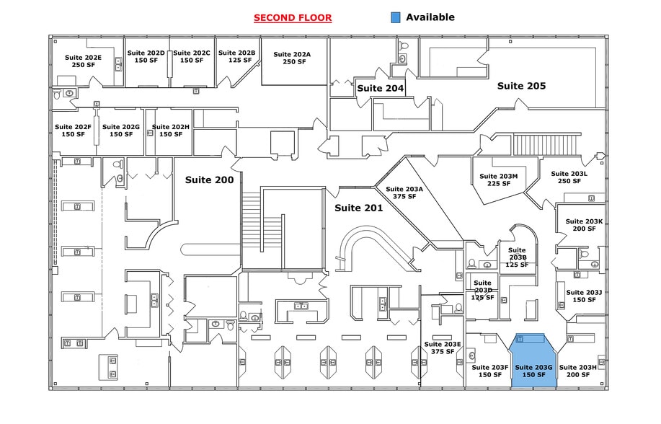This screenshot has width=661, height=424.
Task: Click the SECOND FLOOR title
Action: (x=293, y=17)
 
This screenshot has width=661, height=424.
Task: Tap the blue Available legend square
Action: (x=394, y=17)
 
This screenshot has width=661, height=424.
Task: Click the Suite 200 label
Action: (x=209, y=180)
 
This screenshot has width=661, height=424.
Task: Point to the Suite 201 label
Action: (x=358, y=208)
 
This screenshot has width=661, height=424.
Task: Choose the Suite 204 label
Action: (x=380, y=88)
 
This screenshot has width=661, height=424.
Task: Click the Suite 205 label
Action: (x=521, y=86)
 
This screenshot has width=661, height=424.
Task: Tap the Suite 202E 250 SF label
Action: (x=83, y=61)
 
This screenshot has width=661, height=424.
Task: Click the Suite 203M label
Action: (x=499, y=180)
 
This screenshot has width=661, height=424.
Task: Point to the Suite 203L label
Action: (x=569, y=177)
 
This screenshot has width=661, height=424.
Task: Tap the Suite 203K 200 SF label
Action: (x=584, y=225)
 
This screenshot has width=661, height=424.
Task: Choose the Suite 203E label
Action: (x=443, y=348)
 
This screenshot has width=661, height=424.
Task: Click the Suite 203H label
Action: (x=577, y=371)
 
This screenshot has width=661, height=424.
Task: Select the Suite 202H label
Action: (x=171, y=131)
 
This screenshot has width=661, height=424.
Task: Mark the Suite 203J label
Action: (x=584, y=296)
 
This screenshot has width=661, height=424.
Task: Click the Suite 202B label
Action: (x=236, y=56)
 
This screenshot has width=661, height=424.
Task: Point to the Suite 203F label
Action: (x=490, y=371)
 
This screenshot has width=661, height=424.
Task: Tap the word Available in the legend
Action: (x=430, y=17)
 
